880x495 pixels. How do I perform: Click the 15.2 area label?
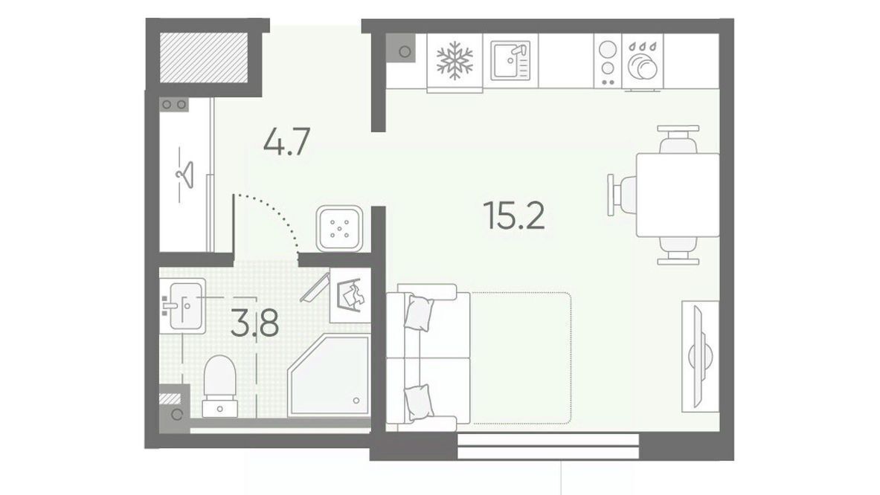pyautogui.click(x=514, y=216)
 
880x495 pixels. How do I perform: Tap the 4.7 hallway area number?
pyautogui.click(x=287, y=142)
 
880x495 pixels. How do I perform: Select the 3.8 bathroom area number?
pyautogui.click(x=254, y=323)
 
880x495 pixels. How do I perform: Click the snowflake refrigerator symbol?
pyautogui.click(x=455, y=60)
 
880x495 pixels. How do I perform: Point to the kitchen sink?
pyautogui.click(x=510, y=60)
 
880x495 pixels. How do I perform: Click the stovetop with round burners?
pyautogui.click(x=607, y=60)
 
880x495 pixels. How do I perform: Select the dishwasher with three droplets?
pyautogui.click(x=643, y=60)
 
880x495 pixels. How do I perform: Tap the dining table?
pyautogui.click(x=678, y=195)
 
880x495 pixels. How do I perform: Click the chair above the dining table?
pyautogui.click(x=678, y=139)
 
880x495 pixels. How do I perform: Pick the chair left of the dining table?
pyautogui.click(x=623, y=195)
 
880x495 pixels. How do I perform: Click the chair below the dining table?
pyautogui.click(x=678, y=250)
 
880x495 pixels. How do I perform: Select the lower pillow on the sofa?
pyautogui.click(x=419, y=402)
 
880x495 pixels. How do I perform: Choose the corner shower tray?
pyautogui.click(x=329, y=375)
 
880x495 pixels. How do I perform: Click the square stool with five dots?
pyautogui.click(x=339, y=228)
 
